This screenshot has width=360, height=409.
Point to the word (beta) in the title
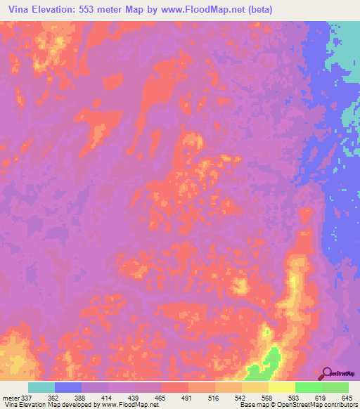click(x=257, y=10)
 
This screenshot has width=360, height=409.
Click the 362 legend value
click(x=53, y=397)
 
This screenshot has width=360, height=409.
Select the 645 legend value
click(x=345, y=397)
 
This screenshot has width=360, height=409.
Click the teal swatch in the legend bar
click(x=41, y=387)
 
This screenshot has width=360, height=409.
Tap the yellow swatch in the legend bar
click(x=282, y=387)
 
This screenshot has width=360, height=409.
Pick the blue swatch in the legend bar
click(x=68, y=387)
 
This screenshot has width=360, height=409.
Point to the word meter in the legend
click(x=11, y=397)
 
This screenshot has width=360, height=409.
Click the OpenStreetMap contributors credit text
click(x=316, y=405)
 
